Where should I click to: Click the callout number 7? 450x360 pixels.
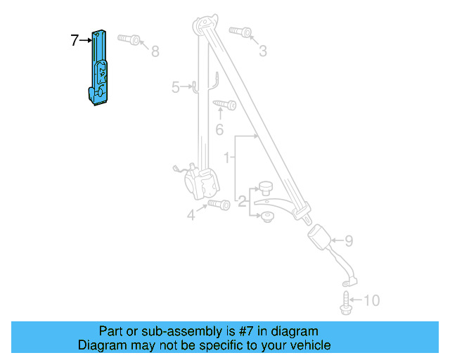pyautogui.click(x=75, y=41)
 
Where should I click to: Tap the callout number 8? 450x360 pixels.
pyautogui.click(x=155, y=51)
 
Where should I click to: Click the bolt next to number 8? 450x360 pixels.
pyautogui.click(x=130, y=38)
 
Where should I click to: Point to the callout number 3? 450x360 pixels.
pyautogui.click(x=263, y=51)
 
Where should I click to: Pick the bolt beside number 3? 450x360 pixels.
pyautogui.click(x=240, y=32)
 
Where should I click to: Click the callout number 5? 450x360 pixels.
pyautogui.click(x=176, y=87)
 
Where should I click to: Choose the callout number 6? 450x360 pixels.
pyautogui.click(x=219, y=129)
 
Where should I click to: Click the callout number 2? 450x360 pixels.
pyautogui.click(x=242, y=202)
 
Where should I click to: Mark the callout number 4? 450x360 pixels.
pyautogui.click(x=191, y=216)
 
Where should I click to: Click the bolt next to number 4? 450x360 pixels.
pyautogui.click(x=219, y=205)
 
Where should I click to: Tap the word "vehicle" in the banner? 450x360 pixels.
pyautogui.click(x=309, y=345)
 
